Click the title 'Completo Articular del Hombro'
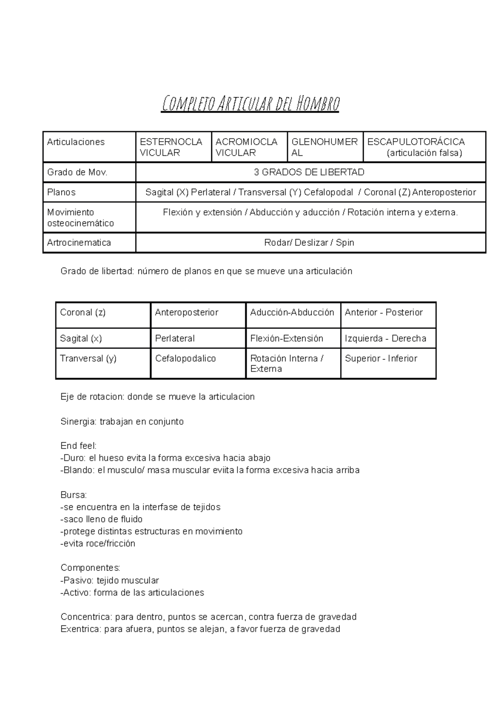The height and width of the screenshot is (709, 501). coord(250,104)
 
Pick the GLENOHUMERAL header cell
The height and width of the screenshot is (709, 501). coord(324,147)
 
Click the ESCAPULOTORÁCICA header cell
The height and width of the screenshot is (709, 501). coord(424,147)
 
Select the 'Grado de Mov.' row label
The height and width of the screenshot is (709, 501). coord(77,172)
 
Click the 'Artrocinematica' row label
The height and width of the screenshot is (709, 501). coord(79,243)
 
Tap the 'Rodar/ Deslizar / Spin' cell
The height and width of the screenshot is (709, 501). coord(309,243)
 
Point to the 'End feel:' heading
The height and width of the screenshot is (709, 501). coord(78,446)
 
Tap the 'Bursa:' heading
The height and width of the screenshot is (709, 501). coord(73,495)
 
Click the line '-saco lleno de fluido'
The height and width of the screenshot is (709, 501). coord(101,519)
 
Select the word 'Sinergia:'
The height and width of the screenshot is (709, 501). coord(78,422)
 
